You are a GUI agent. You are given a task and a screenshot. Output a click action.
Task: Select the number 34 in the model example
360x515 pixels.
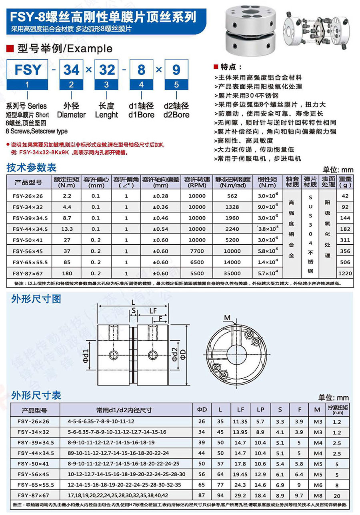[x=72, y=70]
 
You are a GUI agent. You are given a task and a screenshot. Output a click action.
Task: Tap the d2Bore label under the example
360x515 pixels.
[x=176, y=115]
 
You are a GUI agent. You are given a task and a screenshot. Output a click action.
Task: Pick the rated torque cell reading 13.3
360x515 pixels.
[x=67, y=229]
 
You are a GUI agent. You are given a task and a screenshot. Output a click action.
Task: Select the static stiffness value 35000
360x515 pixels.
[x=232, y=273]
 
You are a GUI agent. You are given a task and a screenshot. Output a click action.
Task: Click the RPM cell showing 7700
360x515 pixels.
[x=196, y=251]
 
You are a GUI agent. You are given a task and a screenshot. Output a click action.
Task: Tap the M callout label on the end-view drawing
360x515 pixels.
[x=227, y=318]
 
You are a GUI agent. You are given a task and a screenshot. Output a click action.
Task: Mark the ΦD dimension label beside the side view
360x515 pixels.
[x=184, y=354]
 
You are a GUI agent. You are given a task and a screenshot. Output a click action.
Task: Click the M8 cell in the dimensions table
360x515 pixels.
[x=318, y=495]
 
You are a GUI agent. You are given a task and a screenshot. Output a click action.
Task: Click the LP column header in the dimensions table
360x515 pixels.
[x=260, y=410]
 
